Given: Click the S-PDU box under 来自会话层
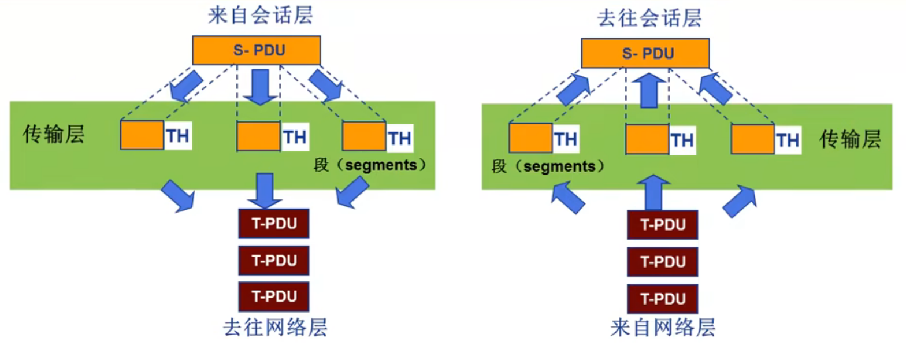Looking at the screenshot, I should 256,50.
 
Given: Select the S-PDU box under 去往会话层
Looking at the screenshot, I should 645,54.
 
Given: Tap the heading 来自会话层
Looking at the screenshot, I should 260,16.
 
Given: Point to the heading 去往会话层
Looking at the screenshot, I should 649,18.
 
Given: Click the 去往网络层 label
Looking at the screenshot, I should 275,328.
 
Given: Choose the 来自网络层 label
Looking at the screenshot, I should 663,328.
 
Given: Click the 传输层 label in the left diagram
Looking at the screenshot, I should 54,134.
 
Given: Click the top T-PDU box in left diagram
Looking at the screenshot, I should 274,224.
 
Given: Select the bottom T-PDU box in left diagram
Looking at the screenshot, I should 274,296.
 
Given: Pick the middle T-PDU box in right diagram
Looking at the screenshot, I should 663,262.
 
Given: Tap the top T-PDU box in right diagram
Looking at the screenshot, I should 663,225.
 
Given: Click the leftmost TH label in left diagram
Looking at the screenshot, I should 178,136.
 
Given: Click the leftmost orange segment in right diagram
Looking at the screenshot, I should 530,139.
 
